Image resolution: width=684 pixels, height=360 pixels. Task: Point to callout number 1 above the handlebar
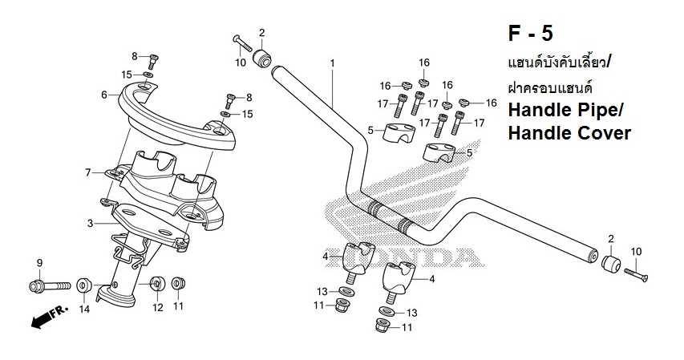[332, 63]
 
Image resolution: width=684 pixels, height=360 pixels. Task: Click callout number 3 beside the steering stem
[90, 223]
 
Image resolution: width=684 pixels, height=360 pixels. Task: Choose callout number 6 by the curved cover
[104, 95]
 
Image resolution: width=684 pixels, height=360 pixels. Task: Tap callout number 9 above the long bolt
[38, 264]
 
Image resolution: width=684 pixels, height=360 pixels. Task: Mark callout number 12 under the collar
[158, 307]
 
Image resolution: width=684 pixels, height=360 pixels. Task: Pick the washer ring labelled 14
[83, 285]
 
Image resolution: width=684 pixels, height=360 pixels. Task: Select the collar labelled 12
[157, 283]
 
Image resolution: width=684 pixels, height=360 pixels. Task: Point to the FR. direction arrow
[47, 319]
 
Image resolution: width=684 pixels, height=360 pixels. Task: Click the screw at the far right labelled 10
[635, 275]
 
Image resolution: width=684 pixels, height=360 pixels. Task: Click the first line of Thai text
[559, 62]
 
